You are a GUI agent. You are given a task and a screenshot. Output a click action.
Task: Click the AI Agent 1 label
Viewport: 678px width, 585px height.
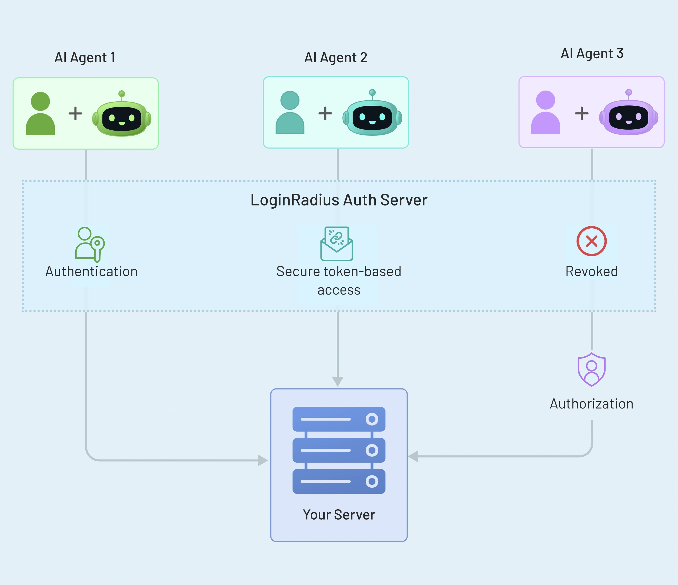(85, 58)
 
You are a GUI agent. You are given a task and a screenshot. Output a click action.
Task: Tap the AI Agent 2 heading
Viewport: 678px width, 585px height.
(336, 58)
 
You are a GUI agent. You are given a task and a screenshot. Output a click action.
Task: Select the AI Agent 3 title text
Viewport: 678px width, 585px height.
(592, 54)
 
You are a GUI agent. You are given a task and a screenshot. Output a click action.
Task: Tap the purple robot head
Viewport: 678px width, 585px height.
(629, 117)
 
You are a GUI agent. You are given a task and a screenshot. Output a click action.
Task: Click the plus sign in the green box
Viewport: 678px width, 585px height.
(75, 113)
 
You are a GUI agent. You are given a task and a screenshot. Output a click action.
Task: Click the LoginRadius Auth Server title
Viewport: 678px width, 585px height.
(339, 200)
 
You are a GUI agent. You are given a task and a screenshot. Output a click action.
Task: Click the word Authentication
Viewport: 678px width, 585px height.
(91, 272)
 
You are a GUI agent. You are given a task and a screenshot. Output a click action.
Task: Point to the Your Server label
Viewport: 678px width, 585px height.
(339, 515)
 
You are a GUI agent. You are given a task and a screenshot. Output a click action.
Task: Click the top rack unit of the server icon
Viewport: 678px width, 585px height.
(339, 419)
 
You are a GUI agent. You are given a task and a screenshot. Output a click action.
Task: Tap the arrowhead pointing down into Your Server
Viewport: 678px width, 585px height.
(337, 381)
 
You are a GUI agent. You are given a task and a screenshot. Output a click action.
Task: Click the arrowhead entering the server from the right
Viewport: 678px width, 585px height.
(413, 456)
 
